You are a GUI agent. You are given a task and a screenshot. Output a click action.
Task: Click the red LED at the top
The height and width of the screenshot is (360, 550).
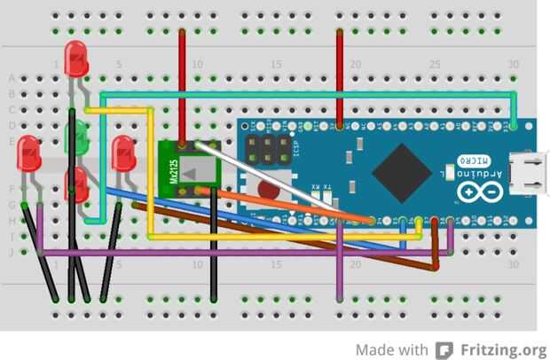77,59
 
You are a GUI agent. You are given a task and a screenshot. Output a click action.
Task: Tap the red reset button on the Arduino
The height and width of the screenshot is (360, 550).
269,188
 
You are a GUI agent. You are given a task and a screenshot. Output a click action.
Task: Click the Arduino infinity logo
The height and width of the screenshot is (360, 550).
471,192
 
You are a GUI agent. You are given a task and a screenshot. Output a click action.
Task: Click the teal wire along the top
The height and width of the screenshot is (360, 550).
310,92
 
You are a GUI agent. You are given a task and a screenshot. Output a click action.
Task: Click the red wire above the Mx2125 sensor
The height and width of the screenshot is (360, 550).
183,84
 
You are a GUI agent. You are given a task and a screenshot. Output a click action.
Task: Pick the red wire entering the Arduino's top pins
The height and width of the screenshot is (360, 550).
340,75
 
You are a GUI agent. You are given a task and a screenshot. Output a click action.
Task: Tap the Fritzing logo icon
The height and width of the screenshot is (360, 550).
444,348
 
